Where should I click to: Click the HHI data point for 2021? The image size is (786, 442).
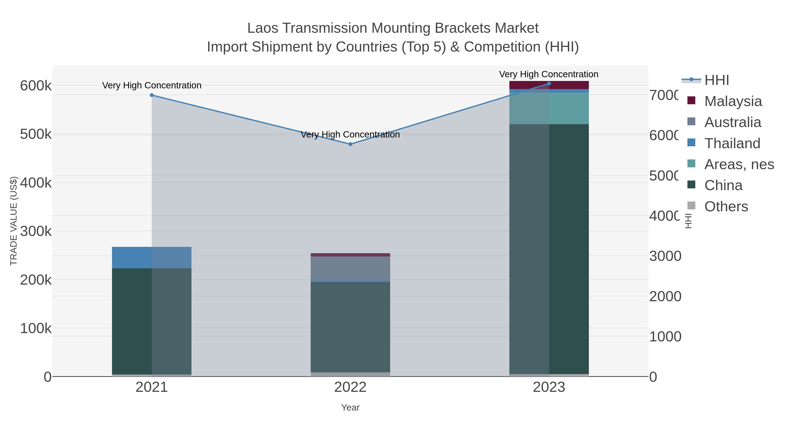coord(152,95)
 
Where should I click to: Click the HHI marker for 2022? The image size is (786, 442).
coord(350,144)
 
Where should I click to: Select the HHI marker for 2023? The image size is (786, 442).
coord(549,84)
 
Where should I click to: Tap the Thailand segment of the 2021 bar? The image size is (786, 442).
coord(152,258)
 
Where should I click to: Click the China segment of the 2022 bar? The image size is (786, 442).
coord(350,326)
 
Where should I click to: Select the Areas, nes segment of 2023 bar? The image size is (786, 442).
coord(549,108)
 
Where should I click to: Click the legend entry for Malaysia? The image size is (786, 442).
coord(733,101)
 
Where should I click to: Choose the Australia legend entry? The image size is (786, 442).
coord(732,122)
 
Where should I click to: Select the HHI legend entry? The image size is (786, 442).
coord(716,80)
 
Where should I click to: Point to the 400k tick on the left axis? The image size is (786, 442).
coord(36,183)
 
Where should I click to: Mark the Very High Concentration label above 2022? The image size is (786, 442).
coord(350,134)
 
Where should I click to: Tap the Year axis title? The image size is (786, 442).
coord(350,408)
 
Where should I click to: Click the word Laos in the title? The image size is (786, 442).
coord(262,28)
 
